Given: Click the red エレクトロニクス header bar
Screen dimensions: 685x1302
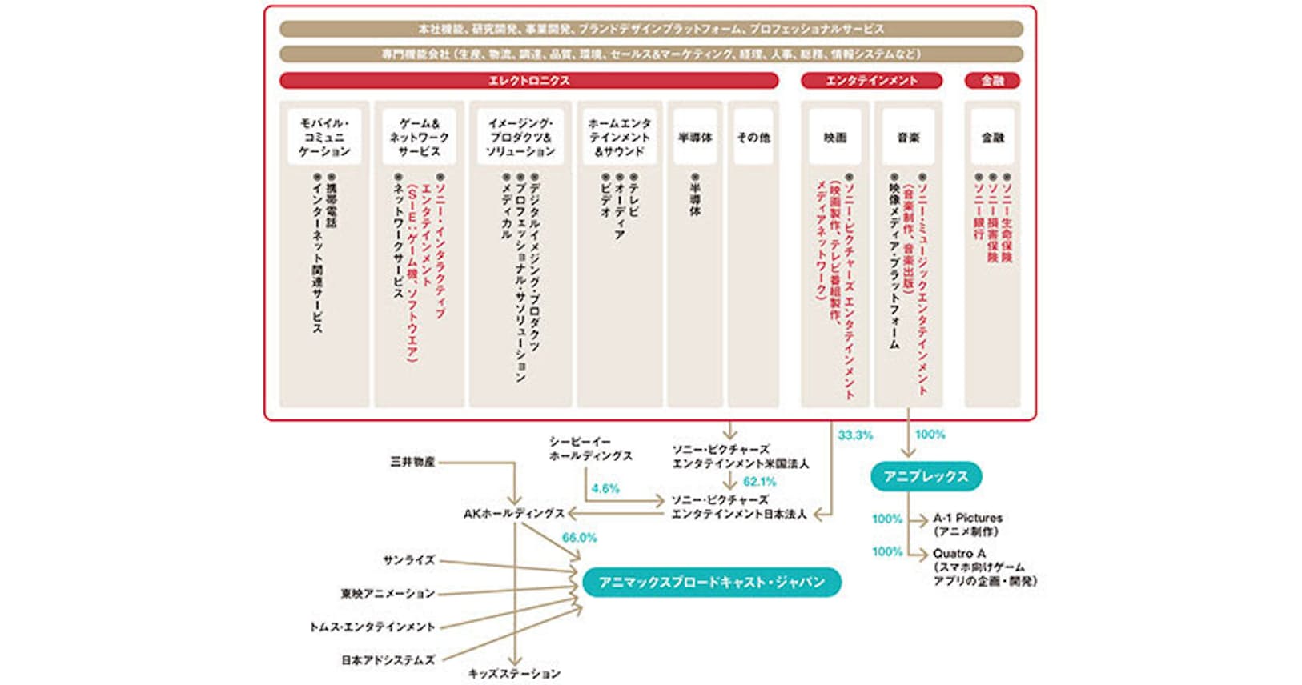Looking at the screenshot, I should tap(528, 81).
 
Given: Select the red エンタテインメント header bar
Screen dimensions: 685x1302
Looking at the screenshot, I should tap(871, 81).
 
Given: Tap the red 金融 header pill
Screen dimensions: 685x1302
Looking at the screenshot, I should tap(992, 81).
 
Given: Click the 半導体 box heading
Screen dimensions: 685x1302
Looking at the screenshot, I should tap(694, 138).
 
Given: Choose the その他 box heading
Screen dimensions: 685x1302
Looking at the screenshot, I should tap(753, 138).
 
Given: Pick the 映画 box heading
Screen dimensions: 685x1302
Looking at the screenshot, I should tap(834, 138).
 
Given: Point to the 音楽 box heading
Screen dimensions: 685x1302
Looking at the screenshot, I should tap(908, 138).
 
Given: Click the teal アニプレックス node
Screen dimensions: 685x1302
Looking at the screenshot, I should tap(926, 476).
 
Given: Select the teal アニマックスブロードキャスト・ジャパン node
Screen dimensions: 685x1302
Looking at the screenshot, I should tap(711, 582).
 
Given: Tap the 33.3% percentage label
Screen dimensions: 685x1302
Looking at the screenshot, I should tap(855, 435).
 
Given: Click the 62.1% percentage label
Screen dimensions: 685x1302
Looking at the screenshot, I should tap(759, 482).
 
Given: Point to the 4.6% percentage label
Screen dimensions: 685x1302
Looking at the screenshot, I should tap(605, 488).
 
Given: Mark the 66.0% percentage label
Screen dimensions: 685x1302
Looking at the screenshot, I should tap(579, 538).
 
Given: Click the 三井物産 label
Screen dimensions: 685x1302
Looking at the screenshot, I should tap(412, 462).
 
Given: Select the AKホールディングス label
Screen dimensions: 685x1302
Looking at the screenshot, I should tap(514, 513).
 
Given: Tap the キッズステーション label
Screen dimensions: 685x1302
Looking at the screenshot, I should tap(514, 674).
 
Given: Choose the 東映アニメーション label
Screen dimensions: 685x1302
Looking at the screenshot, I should tap(388, 594).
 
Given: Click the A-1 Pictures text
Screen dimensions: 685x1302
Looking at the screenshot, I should tap(967, 518).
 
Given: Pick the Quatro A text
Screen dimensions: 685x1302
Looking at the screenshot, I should tap(958, 553).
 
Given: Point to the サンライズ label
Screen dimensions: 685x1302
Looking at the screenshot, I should tap(408, 560).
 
